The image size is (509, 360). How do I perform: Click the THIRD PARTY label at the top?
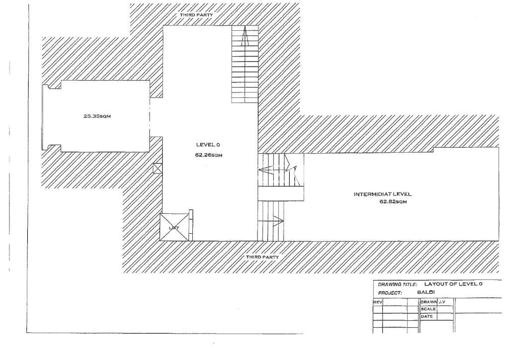tap(197, 15)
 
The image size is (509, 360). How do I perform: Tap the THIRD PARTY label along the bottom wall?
tap(262, 257)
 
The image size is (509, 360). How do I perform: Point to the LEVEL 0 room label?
tap(208, 145)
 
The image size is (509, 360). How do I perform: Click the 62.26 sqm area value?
tap(208, 155)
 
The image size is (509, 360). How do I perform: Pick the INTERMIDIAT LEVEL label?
tap(383, 194)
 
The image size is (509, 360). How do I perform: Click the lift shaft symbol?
tap(174, 227)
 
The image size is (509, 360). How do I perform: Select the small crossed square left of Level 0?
tap(158, 169)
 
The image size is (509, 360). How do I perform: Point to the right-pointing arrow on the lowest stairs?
tap(276, 220)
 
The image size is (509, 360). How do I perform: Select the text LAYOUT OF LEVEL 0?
tap(450, 283)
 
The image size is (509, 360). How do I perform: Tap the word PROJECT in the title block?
tap(390, 293)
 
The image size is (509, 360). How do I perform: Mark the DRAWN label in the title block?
tap(428, 302)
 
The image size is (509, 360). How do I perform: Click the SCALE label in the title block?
tap(428, 309)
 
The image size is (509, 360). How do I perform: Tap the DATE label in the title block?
tap(427, 316)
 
